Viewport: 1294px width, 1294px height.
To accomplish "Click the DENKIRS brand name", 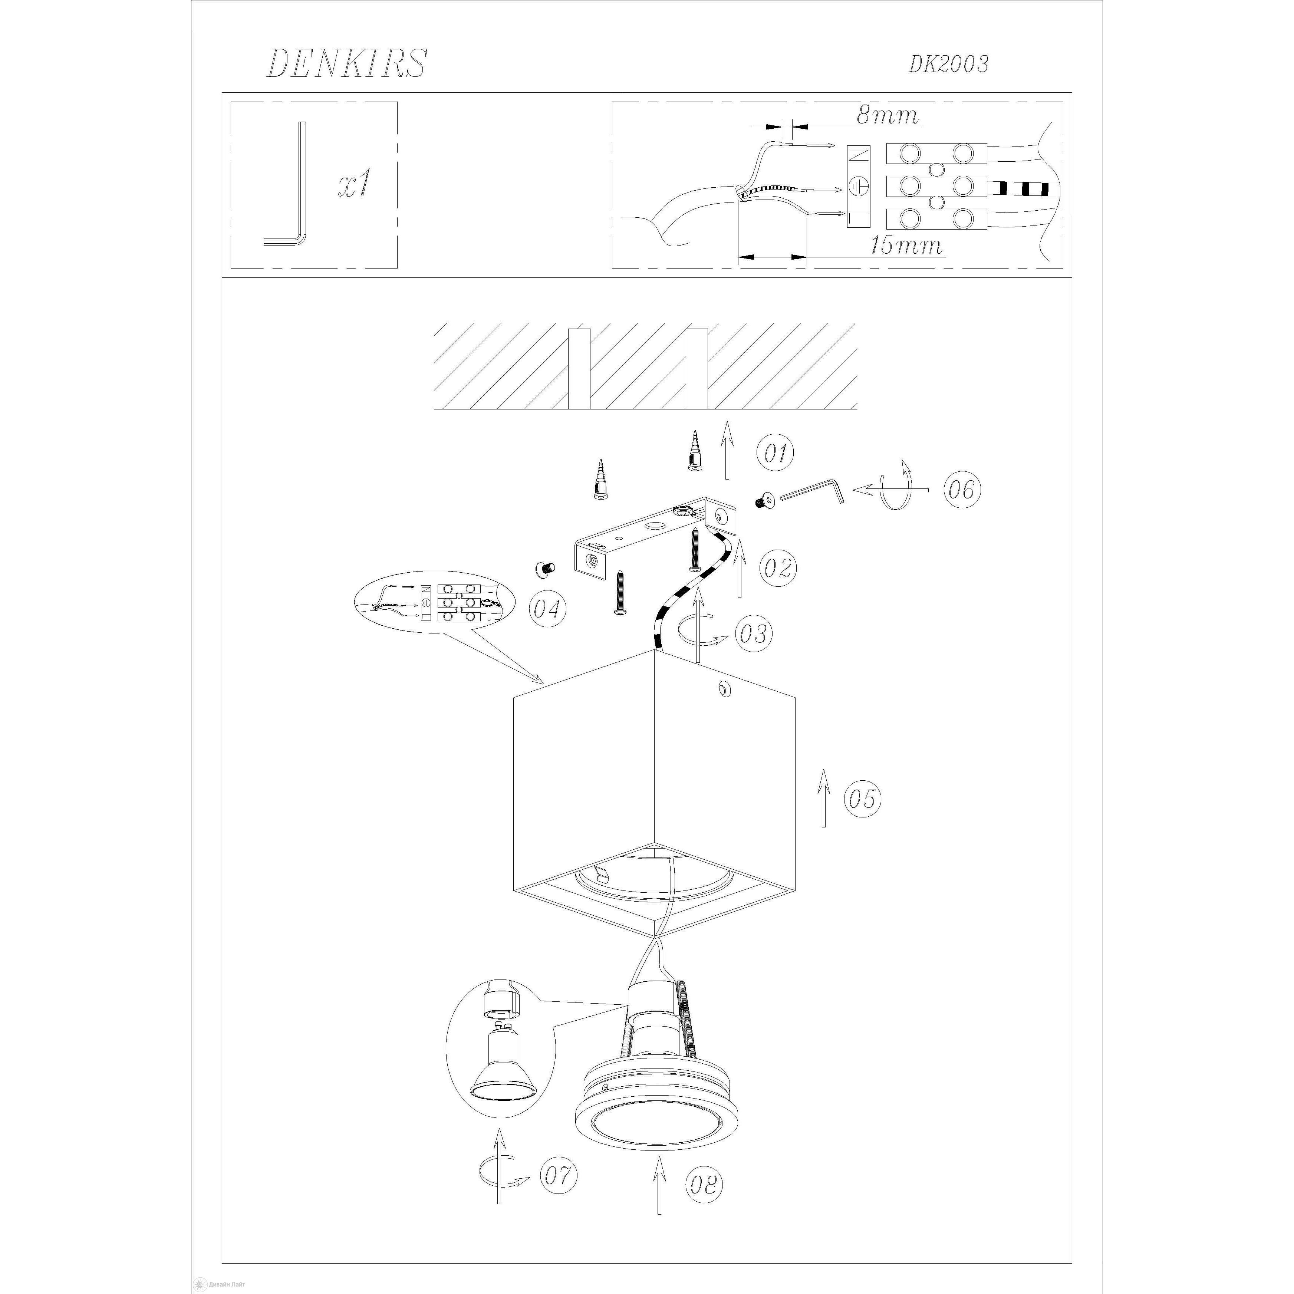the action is (x=346, y=64).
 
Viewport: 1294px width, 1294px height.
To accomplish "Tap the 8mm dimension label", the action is (x=888, y=115).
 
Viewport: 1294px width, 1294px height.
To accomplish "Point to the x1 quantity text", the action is (x=354, y=184).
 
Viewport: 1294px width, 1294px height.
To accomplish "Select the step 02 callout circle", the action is (x=778, y=568).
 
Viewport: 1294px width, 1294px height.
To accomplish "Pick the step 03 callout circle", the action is (x=753, y=633).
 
